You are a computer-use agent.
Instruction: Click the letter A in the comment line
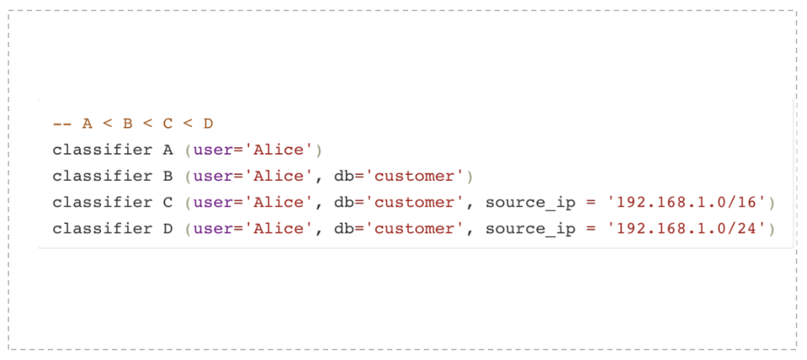(x=87, y=124)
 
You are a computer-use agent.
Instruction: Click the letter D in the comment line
(x=208, y=124)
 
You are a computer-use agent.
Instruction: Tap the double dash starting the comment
(x=62, y=124)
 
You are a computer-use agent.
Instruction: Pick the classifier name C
(x=168, y=202)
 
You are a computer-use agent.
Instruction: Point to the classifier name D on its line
(x=168, y=229)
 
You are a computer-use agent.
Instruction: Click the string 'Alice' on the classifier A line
(x=279, y=150)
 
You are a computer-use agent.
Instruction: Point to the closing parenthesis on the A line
(x=318, y=150)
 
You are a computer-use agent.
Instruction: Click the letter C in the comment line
(x=168, y=124)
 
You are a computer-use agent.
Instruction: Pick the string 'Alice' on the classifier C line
(x=279, y=202)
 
